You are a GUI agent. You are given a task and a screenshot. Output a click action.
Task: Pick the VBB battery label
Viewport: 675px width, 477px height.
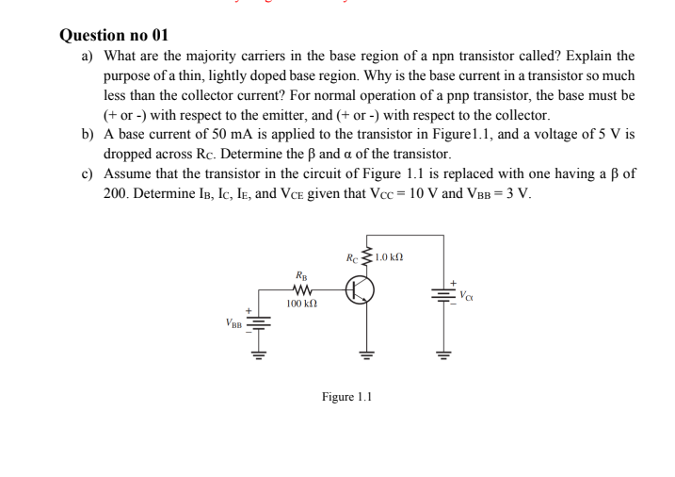[233, 321]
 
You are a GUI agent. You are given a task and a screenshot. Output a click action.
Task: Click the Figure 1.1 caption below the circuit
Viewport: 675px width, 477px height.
[347, 397]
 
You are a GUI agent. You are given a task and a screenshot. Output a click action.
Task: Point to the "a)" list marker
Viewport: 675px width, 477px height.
[86, 58]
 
